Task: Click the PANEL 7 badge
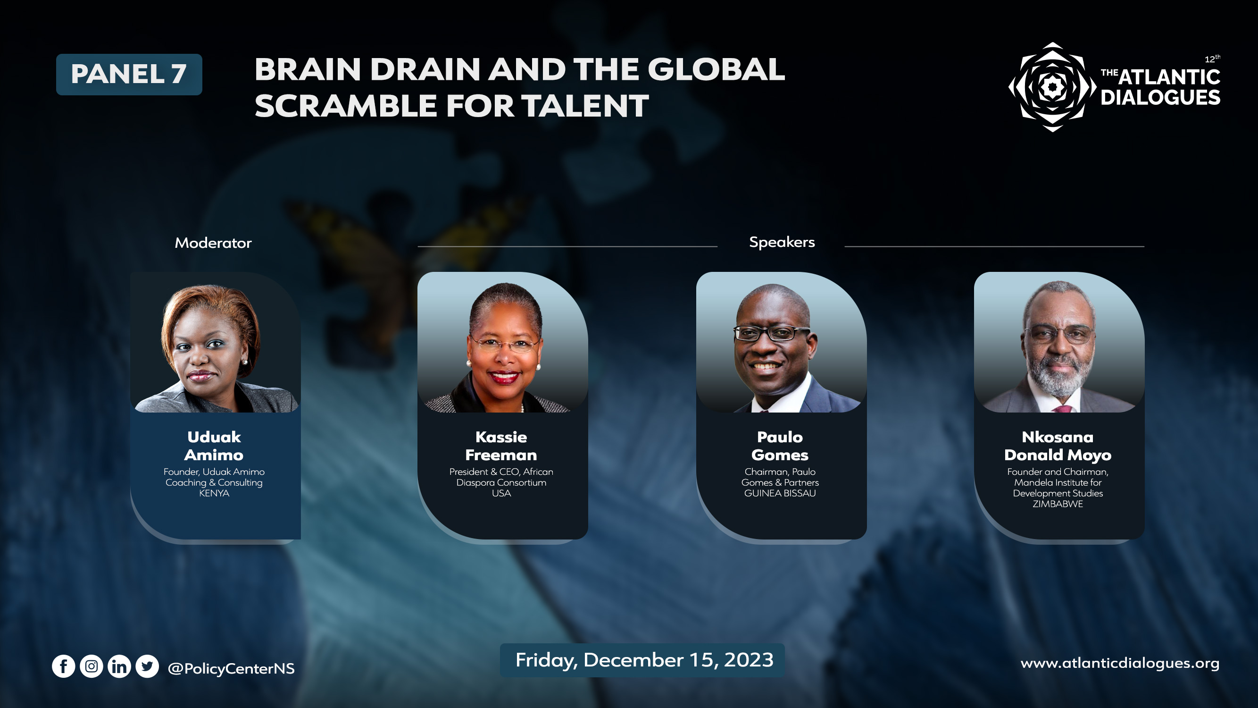point(129,74)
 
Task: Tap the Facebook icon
point(64,666)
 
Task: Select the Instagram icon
point(92,666)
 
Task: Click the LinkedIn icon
point(119,666)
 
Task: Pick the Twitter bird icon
point(147,666)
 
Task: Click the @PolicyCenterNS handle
point(231,668)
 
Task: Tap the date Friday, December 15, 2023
point(644,660)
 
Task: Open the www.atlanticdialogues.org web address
point(1120,664)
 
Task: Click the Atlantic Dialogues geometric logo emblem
point(1052,87)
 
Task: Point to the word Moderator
point(213,243)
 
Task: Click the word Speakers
point(782,242)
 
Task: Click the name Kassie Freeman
point(501,446)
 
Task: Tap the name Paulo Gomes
point(780,446)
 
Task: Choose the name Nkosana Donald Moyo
point(1058,446)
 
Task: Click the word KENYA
point(214,494)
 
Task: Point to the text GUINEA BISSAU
point(780,494)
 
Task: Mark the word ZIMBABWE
point(1058,504)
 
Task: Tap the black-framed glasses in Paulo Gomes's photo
point(772,334)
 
